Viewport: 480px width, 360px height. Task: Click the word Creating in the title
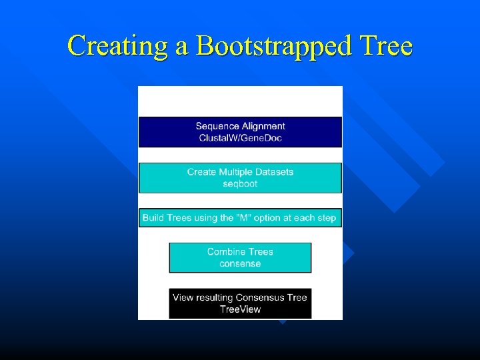tap(111, 46)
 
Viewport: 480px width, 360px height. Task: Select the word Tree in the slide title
tap(385, 46)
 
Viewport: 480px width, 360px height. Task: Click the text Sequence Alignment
tap(240, 126)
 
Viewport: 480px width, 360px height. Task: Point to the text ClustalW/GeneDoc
tap(240, 138)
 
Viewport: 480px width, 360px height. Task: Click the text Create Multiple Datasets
tap(240, 172)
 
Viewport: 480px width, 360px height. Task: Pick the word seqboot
tap(240, 184)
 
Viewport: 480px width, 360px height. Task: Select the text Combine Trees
tap(240, 252)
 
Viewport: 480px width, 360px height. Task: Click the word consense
tap(240, 264)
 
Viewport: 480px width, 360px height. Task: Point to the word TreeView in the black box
tap(240, 309)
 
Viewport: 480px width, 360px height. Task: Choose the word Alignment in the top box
tap(263, 126)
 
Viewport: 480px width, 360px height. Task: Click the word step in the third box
tap(326, 218)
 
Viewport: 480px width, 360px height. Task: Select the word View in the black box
tap(183, 297)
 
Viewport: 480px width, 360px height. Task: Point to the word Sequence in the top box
tap(217, 126)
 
